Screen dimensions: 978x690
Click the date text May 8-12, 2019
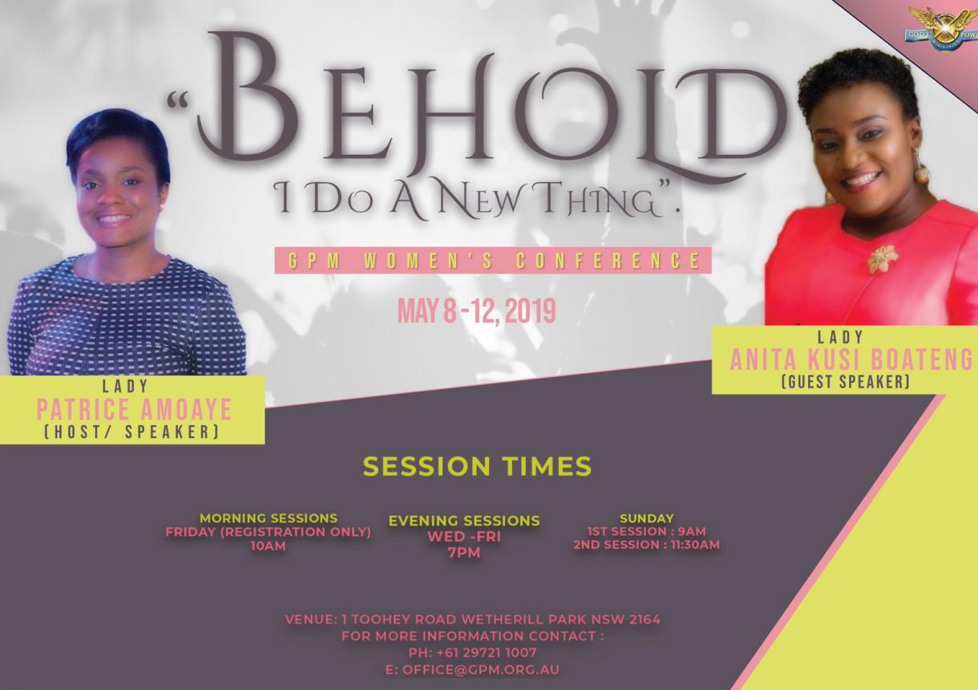[x=477, y=311]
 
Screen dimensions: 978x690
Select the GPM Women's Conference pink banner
[x=493, y=261]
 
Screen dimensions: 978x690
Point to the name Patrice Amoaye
[x=134, y=409]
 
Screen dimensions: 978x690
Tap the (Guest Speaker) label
[x=847, y=382]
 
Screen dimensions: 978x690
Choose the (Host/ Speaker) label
[x=131, y=432]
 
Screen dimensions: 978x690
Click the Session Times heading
[x=477, y=466]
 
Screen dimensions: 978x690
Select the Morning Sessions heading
[x=269, y=518]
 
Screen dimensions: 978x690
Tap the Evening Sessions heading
[x=464, y=521]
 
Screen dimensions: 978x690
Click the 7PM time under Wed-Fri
[x=463, y=553]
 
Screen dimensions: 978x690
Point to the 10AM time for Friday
[x=268, y=546]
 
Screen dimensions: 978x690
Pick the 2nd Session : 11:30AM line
[x=647, y=545]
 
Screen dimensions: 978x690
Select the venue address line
[x=473, y=619]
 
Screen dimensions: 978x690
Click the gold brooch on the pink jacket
[x=883, y=258]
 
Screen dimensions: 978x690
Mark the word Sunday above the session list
[x=647, y=518]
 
